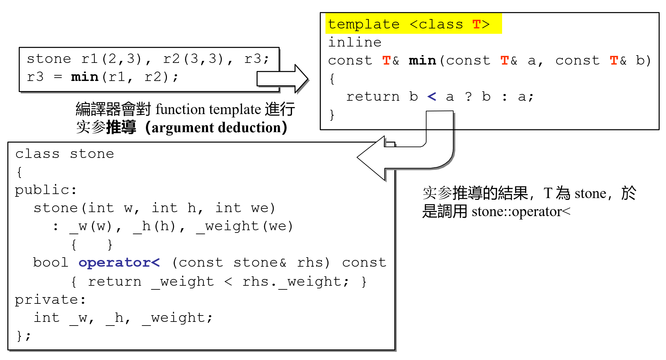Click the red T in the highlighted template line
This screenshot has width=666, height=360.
coord(476,24)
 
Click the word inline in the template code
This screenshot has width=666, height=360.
coord(355,42)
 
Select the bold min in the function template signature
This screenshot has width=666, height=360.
coord(422,61)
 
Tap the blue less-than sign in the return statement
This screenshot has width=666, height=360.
coord(432,97)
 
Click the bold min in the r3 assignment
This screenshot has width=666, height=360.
coord(85,77)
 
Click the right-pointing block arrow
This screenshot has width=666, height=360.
coord(283,79)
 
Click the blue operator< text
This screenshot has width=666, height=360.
coord(119,263)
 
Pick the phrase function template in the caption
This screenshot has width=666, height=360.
coord(208,109)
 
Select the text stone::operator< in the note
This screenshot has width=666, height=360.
coord(521,212)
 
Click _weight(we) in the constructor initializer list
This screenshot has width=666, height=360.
coord(245,227)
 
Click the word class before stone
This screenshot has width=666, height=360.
coord(37,154)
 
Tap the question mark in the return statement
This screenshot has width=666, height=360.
coord(468,97)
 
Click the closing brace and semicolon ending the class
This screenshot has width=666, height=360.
coord(23,336)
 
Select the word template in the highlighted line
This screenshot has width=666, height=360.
coord(364,24)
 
